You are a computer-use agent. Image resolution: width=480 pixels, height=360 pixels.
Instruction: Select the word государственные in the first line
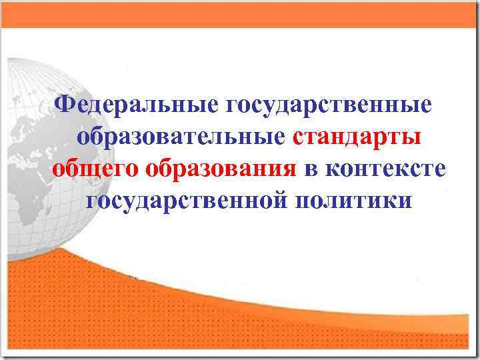pos(329,105)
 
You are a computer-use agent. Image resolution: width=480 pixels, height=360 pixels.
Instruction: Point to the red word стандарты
pos(357,137)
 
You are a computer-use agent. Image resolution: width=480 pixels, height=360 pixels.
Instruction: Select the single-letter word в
pos(312,169)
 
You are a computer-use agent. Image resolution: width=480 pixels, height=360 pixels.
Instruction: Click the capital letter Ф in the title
pos(65,104)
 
